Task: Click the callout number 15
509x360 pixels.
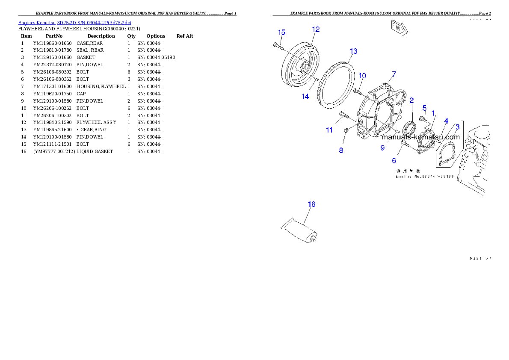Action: tap(281, 33)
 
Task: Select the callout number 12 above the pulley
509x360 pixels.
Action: tap(316, 30)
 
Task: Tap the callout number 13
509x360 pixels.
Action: tap(353, 51)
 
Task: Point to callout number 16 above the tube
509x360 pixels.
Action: tap(312, 204)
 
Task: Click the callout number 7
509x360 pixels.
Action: tap(394, 74)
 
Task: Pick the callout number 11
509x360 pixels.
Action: tap(329, 130)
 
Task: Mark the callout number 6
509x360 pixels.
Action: tap(394, 161)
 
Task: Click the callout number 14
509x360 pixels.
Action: tap(305, 97)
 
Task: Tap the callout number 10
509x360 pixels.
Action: tap(362, 76)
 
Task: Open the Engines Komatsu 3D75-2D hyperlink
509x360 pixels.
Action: tap(74, 22)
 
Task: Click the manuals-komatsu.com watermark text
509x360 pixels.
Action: tap(420, 137)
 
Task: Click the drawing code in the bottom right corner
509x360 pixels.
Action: tap(480, 259)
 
